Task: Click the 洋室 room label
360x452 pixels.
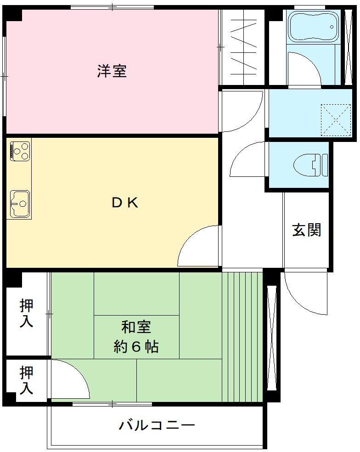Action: [x=112, y=71]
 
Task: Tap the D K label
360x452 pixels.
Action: [x=125, y=203]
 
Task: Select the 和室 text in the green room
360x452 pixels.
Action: [x=136, y=328]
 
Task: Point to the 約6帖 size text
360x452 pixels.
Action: [x=136, y=347]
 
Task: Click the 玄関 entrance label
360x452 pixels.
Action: [x=306, y=230]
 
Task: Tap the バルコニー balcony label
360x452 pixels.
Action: [x=157, y=425]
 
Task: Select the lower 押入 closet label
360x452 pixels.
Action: [x=26, y=380]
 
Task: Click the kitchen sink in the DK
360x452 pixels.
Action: [x=20, y=203]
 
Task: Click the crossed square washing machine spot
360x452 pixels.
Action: [x=336, y=120]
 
